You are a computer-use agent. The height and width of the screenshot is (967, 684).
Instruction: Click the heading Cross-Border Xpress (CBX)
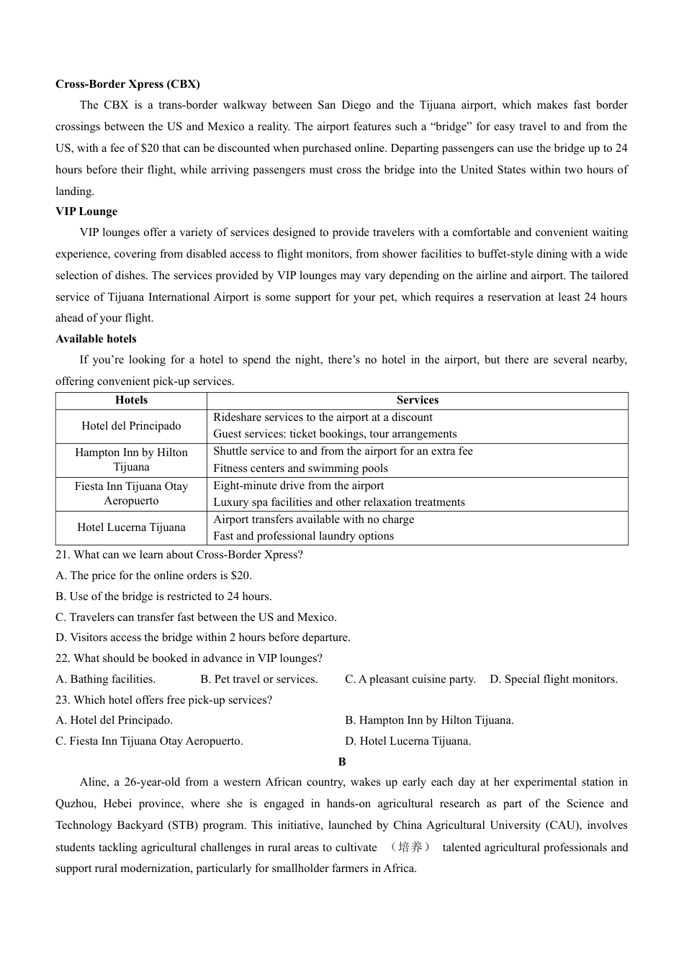127,84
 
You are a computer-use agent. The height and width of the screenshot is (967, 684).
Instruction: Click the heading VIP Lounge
86,212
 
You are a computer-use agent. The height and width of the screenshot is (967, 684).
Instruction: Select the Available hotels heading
96,339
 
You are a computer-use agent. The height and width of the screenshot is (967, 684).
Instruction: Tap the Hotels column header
131,400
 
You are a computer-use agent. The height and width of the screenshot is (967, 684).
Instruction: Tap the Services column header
417,400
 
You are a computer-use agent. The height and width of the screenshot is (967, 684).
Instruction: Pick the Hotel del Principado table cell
131,426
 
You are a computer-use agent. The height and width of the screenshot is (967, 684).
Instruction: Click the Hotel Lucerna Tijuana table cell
131,527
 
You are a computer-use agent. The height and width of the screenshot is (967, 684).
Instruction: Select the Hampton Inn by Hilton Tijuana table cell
131,460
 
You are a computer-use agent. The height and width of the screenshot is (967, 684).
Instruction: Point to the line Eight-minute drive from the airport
298,486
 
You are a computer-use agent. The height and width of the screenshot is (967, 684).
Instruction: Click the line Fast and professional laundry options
303,536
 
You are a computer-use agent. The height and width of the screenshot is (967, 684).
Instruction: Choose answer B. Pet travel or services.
258,679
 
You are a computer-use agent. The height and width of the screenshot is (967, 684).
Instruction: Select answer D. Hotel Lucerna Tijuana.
408,741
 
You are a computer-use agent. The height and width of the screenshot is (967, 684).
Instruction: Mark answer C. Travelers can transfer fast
196,617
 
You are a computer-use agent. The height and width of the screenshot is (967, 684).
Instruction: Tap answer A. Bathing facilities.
105,679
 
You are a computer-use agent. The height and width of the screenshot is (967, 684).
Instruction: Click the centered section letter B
342,762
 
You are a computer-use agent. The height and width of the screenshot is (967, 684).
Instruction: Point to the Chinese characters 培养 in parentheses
410,847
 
